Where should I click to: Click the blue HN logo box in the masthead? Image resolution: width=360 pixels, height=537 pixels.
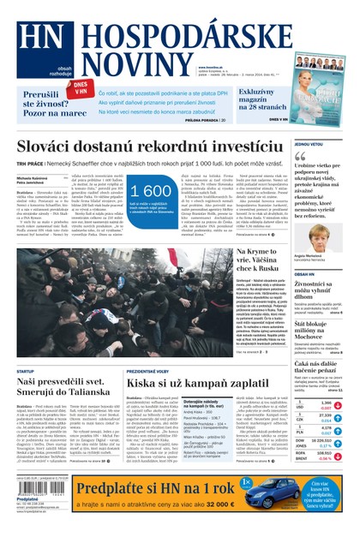34,46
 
